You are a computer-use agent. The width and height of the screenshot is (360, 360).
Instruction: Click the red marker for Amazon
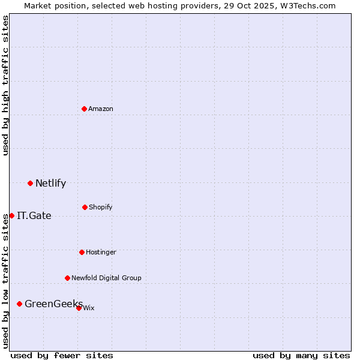[x=85, y=109]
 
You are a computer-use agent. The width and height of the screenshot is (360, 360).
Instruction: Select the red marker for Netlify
[x=30, y=183]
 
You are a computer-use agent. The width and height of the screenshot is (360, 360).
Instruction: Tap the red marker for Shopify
[x=85, y=207]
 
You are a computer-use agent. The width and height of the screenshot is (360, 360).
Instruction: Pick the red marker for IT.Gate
[x=11, y=215]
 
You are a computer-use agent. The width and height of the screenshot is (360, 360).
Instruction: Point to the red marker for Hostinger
[x=82, y=252]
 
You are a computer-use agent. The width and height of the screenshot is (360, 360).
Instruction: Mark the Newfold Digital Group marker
[x=67, y=278]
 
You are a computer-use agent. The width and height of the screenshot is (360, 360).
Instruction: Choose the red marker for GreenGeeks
[x=19, y=304]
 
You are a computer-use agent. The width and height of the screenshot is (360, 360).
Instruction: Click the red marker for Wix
[x=79, y=308]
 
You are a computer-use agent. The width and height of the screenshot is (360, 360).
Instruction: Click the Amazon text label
[x=101, y=109]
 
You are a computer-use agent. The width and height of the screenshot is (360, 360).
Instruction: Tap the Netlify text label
[x=50, y=184]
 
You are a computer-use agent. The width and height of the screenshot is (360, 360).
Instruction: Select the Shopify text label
[x=101, y=207]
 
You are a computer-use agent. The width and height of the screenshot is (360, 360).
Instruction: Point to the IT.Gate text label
[x=34, y=216]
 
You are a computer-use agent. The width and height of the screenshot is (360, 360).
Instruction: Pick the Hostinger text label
[x=101, y=252]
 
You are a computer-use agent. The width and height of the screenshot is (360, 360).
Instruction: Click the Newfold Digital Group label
[x=106, y=278]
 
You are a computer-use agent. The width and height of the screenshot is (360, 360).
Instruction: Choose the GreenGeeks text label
[x=53, y=304]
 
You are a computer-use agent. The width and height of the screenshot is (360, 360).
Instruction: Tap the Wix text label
[x=89, y=308]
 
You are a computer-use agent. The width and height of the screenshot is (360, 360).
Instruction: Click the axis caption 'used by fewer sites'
[x=62, y=355]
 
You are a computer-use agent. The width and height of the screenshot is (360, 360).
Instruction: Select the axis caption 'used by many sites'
[x=301, y=355]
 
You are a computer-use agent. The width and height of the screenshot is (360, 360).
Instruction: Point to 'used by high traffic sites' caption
[x=5, y=85]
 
